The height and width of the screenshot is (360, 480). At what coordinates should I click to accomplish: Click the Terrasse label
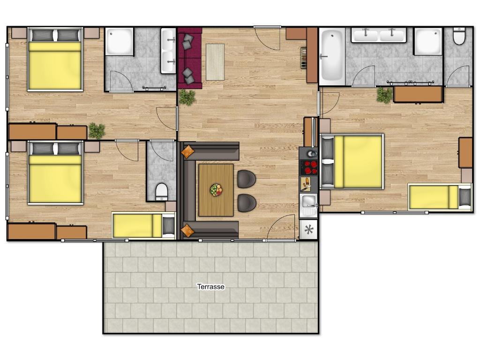pos(211,286)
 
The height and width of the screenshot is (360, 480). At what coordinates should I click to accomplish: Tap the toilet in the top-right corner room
pos(459,37)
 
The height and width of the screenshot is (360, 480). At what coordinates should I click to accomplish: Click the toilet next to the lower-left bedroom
pos(161,192)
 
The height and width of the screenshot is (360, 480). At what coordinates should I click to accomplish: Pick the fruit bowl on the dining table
pos(216,190)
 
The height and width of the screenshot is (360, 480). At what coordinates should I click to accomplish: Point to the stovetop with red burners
pos(308,167)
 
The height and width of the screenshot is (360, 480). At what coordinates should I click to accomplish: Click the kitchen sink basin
pos(308,202)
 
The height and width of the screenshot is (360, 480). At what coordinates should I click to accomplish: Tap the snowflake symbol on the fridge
pos(308,230)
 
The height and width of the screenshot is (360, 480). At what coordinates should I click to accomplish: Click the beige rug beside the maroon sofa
pos(215,61)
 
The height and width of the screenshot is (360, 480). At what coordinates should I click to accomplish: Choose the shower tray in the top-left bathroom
pos(119,42)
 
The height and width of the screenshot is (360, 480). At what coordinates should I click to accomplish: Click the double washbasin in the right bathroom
pos(379,35)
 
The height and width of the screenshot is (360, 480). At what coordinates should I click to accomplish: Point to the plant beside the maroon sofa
pos(187,97)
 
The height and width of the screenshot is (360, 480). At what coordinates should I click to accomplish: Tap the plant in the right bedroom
pos(384,95)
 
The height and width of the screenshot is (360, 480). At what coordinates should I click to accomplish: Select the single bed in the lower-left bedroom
pos(143,225)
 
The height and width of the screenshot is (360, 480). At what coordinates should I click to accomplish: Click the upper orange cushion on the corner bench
pos(188,151)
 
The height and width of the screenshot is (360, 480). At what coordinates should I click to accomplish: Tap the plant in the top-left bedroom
pos(97,130)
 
